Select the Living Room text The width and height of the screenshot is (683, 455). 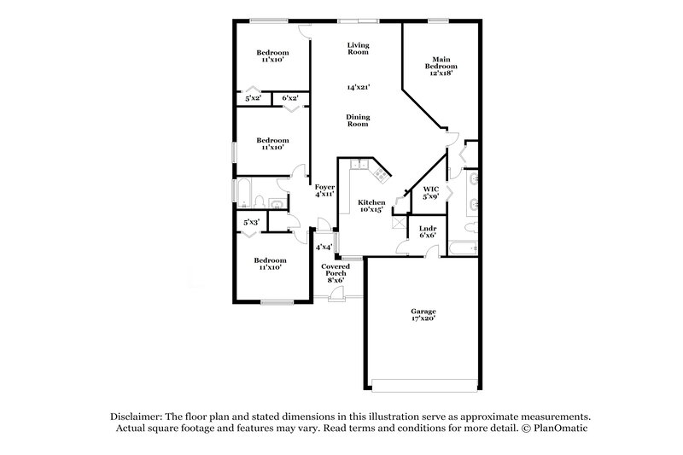[358, 49]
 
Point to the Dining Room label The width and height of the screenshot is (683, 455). [358, 120]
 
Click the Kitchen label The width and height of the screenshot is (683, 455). [371, 202]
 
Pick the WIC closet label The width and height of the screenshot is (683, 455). [431, 189]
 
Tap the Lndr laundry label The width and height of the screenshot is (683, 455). [428, 228]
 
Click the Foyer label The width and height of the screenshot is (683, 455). [324, 187]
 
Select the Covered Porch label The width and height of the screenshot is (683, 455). [335, 270]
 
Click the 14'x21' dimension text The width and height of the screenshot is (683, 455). [358, 87]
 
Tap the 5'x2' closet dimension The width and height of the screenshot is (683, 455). [253, 99]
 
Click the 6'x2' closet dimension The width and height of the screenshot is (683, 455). [290, 99]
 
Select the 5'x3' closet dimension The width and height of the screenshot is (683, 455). [251, 223]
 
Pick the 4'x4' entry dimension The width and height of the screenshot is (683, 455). [324, 248]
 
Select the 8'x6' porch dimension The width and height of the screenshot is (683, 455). [335, 280]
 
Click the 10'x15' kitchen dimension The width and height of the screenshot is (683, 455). [371, 209]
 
